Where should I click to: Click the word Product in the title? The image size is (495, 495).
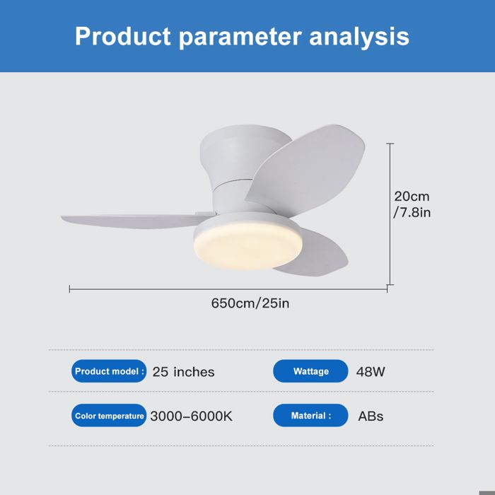(x=122, y=36)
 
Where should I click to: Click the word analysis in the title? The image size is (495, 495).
(x=363, y=36)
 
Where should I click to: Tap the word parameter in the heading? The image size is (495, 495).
(x=242, y=37)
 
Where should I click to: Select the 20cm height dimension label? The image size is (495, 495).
(x=412, y=197)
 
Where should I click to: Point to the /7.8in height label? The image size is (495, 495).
(x=412, y=212)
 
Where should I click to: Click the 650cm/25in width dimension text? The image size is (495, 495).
(x=250, y=303)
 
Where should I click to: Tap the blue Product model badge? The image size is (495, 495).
(x=109, y=371)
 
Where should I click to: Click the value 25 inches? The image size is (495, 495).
(x=183, y=372)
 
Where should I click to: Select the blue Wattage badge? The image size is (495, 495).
(x=310, y=371)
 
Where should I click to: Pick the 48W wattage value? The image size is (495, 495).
(x=371, y=371)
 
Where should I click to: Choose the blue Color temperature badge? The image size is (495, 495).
(x=109, y=416)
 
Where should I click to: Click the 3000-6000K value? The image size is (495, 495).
(x=191, y=416)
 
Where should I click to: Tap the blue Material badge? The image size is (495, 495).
(x=310, y=416)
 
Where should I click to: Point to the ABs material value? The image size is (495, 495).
(x=371, y=416)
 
